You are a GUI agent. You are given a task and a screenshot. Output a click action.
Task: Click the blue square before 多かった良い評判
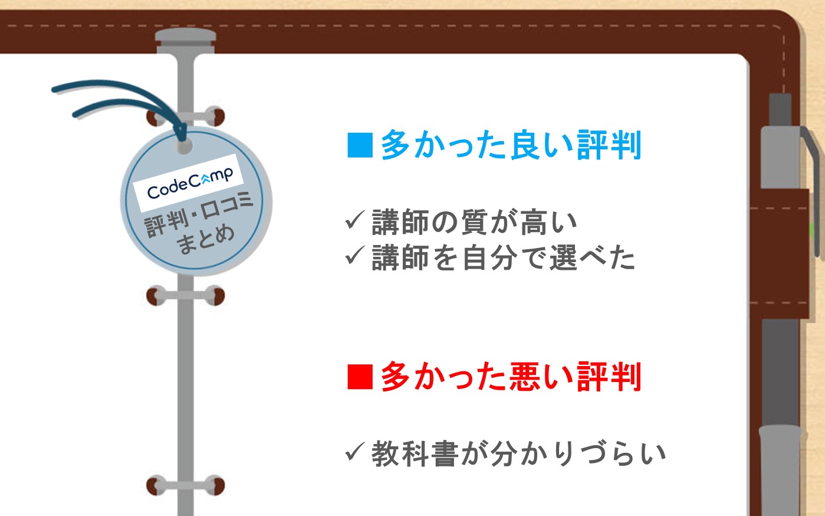pyautogui.click(x=360, y=145)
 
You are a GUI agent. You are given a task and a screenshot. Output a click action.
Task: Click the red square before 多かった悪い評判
pyautogui.click(x=360, y=377)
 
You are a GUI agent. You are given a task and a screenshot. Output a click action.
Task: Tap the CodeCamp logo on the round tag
pyautogui.click(x=189, y=183)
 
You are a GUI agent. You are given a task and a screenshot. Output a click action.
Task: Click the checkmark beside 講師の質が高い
pyautogui.click(x=355, y=220)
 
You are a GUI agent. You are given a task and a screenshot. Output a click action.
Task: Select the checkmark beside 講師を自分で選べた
pyautogui.click(x=355, y=255)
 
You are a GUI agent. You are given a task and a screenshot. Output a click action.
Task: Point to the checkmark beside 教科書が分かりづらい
pyautogui.click(x=355, y=452)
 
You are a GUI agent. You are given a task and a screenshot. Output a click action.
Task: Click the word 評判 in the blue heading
pyautogui.click(x=609, y=145)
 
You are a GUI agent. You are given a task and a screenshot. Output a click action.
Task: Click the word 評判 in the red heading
pyautogui.click(x=609, y=376)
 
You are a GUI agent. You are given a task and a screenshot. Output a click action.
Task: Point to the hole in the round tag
pyautogui.click(x=185, y=146)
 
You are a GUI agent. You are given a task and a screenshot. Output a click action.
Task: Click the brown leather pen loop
pyautogui.click(x=780, y=254)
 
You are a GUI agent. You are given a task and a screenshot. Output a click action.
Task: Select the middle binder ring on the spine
pyautogui.click(x=185, y=296)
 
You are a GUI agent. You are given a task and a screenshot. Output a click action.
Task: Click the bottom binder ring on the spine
pyautogui.click(x=185, y=485)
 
